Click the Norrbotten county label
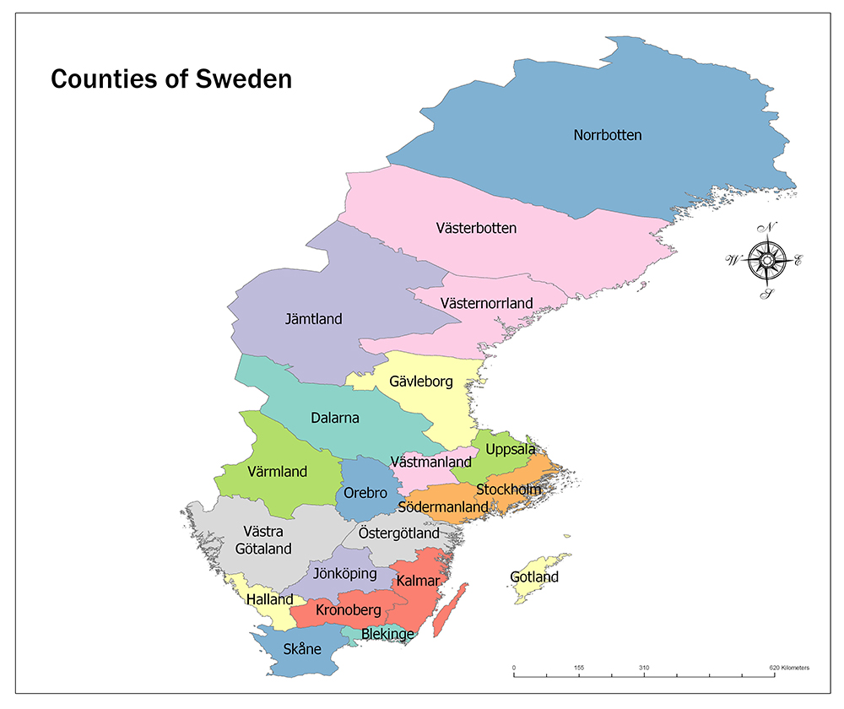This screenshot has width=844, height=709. pos(608,135)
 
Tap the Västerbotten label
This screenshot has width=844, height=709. pos(476,228)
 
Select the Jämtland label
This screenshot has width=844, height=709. pos(313,319)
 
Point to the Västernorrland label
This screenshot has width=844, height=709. pos(486,302)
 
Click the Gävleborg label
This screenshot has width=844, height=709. pos(421,382)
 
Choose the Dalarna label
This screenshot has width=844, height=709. pos(334,418)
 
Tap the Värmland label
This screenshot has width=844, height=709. pos(278,472)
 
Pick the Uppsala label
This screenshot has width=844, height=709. pos(510,449)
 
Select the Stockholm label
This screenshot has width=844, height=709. pos(508,490)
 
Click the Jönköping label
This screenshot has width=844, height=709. pos(344,573)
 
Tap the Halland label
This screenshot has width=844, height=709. pos(269,598)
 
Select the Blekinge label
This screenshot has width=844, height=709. pos(387,634)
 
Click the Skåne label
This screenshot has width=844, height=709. pos(300,648)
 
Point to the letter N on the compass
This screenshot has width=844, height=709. pos(768,227)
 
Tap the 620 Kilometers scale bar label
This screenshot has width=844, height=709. pos(789,668)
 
